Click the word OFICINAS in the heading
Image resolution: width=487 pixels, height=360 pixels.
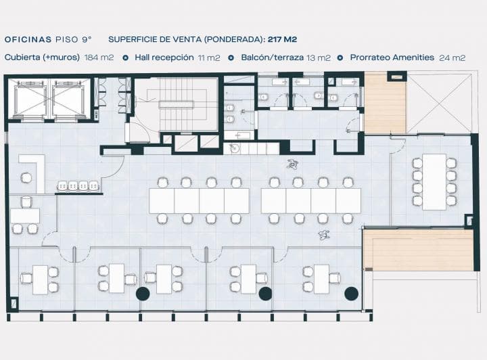pos(28,39)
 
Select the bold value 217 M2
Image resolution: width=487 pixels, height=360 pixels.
pos(282,39)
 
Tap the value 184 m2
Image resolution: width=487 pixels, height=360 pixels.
pos(99,58)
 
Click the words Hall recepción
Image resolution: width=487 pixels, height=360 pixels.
pos(164,58)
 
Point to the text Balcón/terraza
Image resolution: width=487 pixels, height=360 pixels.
pos(273,58)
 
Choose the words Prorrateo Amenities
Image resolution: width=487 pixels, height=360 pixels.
pos(392,58)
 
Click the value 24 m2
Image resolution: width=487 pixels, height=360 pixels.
pos(453,58)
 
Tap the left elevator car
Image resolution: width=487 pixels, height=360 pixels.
pos(30,99)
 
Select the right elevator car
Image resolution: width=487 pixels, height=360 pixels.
pos(68,99)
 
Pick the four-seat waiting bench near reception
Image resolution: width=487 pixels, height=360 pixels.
pos(78,185)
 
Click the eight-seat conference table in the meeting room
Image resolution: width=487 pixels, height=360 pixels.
pos(434,182)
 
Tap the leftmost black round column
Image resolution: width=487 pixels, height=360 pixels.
pos(143,294)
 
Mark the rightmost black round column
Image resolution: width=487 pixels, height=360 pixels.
pos(351,294)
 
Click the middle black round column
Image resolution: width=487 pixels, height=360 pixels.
pos(266,294)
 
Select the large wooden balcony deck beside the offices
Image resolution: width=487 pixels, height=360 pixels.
pos(418,250)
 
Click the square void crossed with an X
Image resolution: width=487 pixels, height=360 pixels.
pos(439,103)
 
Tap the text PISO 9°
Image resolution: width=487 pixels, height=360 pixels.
pos(74,39)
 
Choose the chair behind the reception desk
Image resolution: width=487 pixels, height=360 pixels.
pos(26,178)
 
